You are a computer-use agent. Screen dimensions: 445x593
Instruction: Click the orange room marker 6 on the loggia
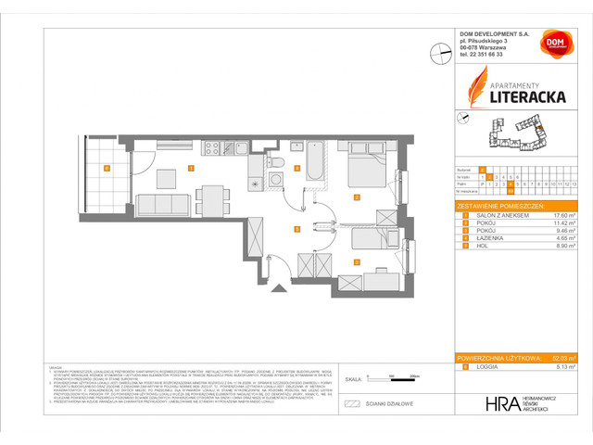pos(107,168)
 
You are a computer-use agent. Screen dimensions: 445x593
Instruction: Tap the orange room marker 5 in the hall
pos(296,228)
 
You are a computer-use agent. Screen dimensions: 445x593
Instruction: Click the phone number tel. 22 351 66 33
pos(490,54)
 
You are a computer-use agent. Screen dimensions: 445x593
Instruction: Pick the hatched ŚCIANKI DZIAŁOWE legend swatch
pos(350,404)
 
